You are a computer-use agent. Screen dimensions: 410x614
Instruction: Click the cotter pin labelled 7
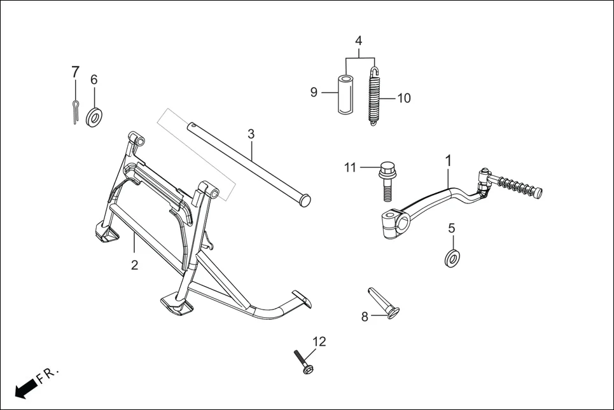tap(75, 111)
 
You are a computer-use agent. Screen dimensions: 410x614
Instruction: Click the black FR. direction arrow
tap(25, 388)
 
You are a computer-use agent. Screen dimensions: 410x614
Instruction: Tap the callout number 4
tap(359, 40)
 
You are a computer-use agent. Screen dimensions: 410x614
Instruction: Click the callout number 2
tap(134, 265)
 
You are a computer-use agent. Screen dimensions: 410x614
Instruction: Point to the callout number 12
tap(319, 341)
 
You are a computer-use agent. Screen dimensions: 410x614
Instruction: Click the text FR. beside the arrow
tap(48, 374)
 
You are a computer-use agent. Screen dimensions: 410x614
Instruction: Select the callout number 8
tap(365, 317)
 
